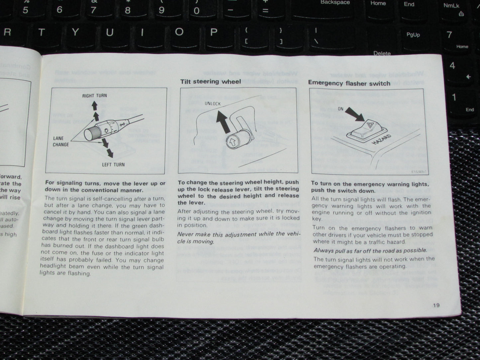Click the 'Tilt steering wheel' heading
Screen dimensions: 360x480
210,81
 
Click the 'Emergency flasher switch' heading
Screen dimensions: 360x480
349,83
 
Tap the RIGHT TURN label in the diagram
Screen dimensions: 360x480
95,96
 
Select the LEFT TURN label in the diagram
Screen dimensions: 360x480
113,164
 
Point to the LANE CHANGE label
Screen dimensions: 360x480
61,141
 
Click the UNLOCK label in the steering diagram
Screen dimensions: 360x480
213,104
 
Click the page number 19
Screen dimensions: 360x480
436,305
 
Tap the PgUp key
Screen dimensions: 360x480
413,35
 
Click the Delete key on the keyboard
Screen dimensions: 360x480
382,53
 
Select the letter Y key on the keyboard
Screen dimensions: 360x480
75,32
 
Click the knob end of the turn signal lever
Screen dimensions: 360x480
90,134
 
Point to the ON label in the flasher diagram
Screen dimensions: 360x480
340,109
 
